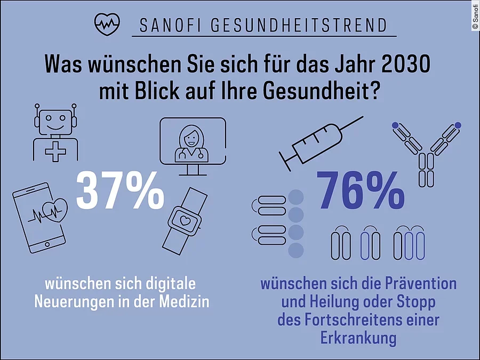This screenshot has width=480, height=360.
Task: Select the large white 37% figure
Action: (x=120, y=190)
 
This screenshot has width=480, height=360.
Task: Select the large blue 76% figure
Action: (x=361, y=190)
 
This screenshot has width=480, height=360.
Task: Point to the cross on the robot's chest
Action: (x=55, y=152)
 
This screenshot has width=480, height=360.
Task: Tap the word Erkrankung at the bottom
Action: (x=358, y=338)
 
